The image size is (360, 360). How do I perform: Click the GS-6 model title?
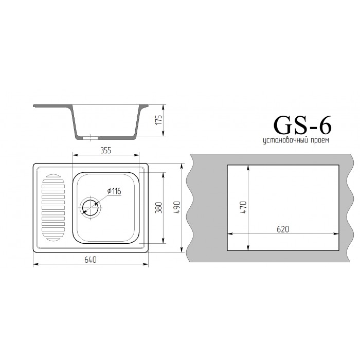pyautogui.click(x=302, y=125)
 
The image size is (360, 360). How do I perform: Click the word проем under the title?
pyautogui.click(x=319, y=140)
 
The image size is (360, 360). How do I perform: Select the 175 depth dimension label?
pyautogui.click(x=158, y=120)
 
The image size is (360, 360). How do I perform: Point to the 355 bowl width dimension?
pyautogui.click(x=105, y=150)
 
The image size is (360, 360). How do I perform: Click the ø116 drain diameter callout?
pyautogui.click(x=114, y=191)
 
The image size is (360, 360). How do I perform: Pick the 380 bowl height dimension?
pyautogui.click(x=158, y=208)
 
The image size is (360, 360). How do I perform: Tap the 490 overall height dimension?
pyautogui.click(x=177, y=208)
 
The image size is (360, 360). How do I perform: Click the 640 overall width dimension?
pyautogui.click(x=91, y=260)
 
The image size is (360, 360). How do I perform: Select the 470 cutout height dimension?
pyautogui.click(x=243, y=207)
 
